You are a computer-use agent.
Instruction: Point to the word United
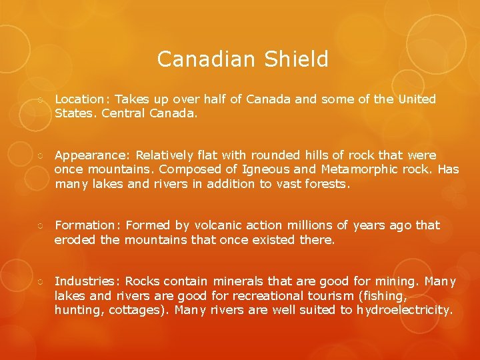pyautogui.click(x=417, y=99)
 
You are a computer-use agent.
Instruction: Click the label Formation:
pyautogui.click(x=88, y=225)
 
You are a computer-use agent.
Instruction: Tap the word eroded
pyautogui.click(x=75, y=239)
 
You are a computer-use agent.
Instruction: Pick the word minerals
pyautogui.click(x=240, y=281)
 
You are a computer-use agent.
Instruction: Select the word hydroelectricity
pyautogui.click(x=403, y=310)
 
